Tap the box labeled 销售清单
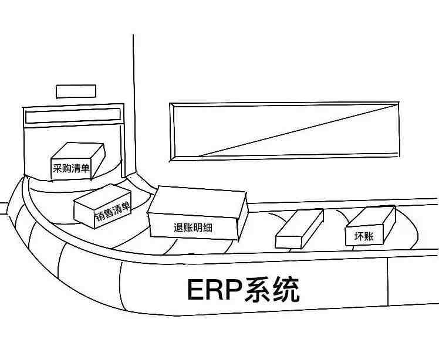pos(103,206)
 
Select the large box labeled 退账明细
pos(197,213)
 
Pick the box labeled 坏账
pos(371,226)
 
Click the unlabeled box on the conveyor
pos(299,229)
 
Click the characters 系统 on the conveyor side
pos(272,289)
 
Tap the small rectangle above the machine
pos(76,91)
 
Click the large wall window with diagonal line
pos(285,131)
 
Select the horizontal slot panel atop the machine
pos(73,116)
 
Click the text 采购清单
pos(71,168)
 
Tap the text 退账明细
pos(193,227)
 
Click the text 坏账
pos(364,236)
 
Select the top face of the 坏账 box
pos(371,216)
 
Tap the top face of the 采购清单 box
pos(77,151)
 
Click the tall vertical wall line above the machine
pos(134,104)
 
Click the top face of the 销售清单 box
pos(103,195)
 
